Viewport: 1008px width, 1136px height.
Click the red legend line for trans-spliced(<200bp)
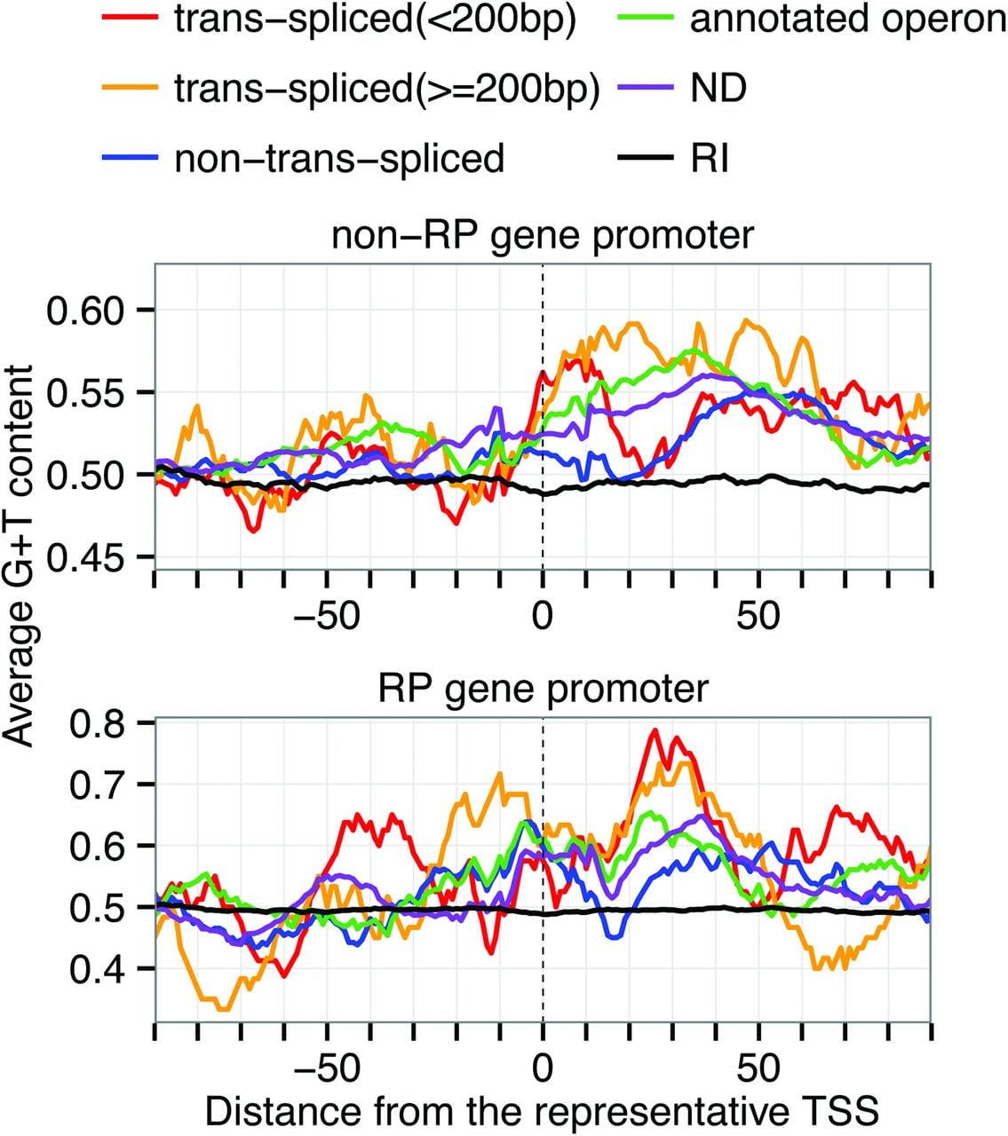(x=131, y=18)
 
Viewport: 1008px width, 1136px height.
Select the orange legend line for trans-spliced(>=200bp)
(x=131, y=87)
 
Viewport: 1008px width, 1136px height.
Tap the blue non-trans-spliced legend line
(x=131, y=157)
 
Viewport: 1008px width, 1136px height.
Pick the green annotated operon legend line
(x=645, y=18)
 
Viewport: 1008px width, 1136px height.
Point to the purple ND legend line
(x=645, y=87)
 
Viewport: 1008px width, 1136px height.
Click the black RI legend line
(x=645, y=157)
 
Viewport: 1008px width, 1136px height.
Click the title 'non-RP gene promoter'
(x=542, y=235)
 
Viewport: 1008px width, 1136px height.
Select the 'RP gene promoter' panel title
(x=542, y=689)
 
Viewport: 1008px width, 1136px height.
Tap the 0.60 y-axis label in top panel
(x=84, y=310)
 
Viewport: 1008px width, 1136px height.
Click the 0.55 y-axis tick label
(x=84, y=392)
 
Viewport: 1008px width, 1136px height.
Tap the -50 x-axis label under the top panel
(x=327, y=615)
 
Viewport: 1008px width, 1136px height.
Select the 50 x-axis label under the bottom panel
(x=758, y=1069)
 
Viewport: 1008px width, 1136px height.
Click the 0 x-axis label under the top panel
(x=542, y=615)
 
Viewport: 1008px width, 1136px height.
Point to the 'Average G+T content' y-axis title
(x=19, y=555)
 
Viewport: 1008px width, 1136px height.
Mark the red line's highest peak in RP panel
(x=654, y=730)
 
